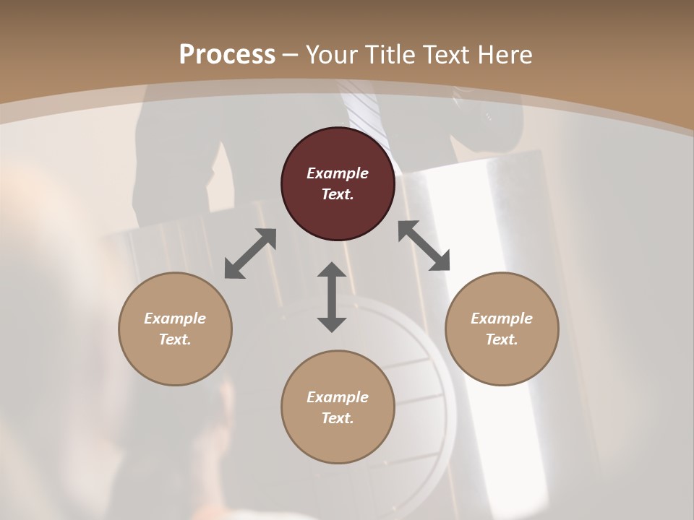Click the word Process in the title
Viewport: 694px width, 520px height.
[227, 54]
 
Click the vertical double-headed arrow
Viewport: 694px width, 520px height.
[332, 297]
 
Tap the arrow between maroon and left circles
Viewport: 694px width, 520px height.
[250, 253]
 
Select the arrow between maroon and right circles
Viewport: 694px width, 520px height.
[424, 246]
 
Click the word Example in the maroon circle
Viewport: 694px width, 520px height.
[338, 173]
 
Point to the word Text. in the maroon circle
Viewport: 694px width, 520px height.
[338, 194]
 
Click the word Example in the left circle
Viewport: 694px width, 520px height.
[175, 318]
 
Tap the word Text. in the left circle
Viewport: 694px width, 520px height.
[175, 339]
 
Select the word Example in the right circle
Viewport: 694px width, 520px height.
[502, 318]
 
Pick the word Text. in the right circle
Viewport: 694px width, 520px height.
[502, 339]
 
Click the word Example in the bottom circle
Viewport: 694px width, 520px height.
[338, 397]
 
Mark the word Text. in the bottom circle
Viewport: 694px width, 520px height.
[338, 418]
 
